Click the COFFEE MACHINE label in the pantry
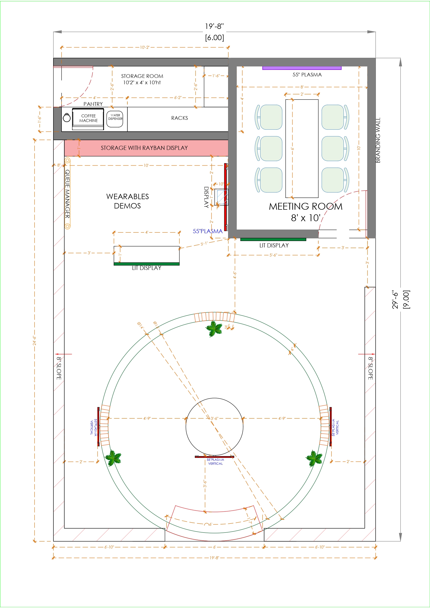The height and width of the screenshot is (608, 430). pos(88,118)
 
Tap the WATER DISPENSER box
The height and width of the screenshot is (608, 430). pos(115,119)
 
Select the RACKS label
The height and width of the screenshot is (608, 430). pos(179,118)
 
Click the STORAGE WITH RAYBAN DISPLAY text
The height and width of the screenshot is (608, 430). pos(144,148)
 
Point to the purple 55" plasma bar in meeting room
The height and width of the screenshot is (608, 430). pos(302,68)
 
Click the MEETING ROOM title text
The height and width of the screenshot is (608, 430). pos(306,207)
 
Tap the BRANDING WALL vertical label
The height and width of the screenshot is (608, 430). pos(378,140)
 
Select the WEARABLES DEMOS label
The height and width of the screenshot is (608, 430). pos(127,201)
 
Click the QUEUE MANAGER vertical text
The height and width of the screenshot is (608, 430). pos(68,194)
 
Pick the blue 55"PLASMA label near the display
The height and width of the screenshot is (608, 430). pos(208,231)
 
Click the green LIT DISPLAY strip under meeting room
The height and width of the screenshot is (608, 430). pos(273,239)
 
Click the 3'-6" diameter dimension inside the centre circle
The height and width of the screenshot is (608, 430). pos(214,418)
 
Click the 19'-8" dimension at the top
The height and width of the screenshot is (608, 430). pos(214,26)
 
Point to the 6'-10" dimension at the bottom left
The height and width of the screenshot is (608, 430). pos(109,547)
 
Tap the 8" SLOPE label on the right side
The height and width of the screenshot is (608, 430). pos(370,368)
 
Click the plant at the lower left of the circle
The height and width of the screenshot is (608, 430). pos(113,458)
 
